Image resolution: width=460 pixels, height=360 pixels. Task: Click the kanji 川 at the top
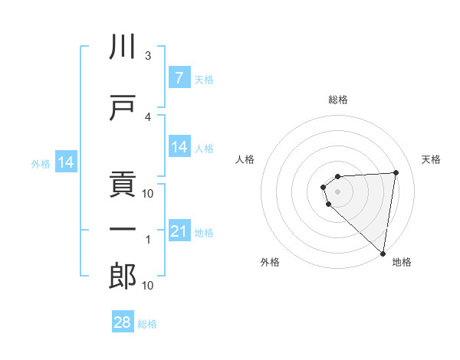tap(123, 48)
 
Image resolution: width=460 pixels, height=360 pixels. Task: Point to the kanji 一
tap(123, 227)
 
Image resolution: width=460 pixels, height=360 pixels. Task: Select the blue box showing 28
tap(123, 322)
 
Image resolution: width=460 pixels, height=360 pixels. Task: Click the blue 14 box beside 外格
tap(66, 163)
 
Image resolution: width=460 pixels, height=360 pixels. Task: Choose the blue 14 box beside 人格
tap(179, 146)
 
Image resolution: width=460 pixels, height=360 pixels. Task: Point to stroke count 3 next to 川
tap(149, 56)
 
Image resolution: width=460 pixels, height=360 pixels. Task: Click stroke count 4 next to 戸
tap(149, 116)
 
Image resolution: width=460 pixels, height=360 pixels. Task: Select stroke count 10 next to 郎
tap(149, 286)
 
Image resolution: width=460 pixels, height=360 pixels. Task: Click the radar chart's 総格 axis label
tap(337, 100)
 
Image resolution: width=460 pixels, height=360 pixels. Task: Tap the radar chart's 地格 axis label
tap(402, 263)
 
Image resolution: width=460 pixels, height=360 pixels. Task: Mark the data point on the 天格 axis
tap(396, 172)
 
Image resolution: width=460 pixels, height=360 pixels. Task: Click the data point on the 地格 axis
tap(383, 253)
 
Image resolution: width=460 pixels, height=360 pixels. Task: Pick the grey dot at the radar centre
tap(337, 191)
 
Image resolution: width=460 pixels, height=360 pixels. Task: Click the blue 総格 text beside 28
tap(147, 324)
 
